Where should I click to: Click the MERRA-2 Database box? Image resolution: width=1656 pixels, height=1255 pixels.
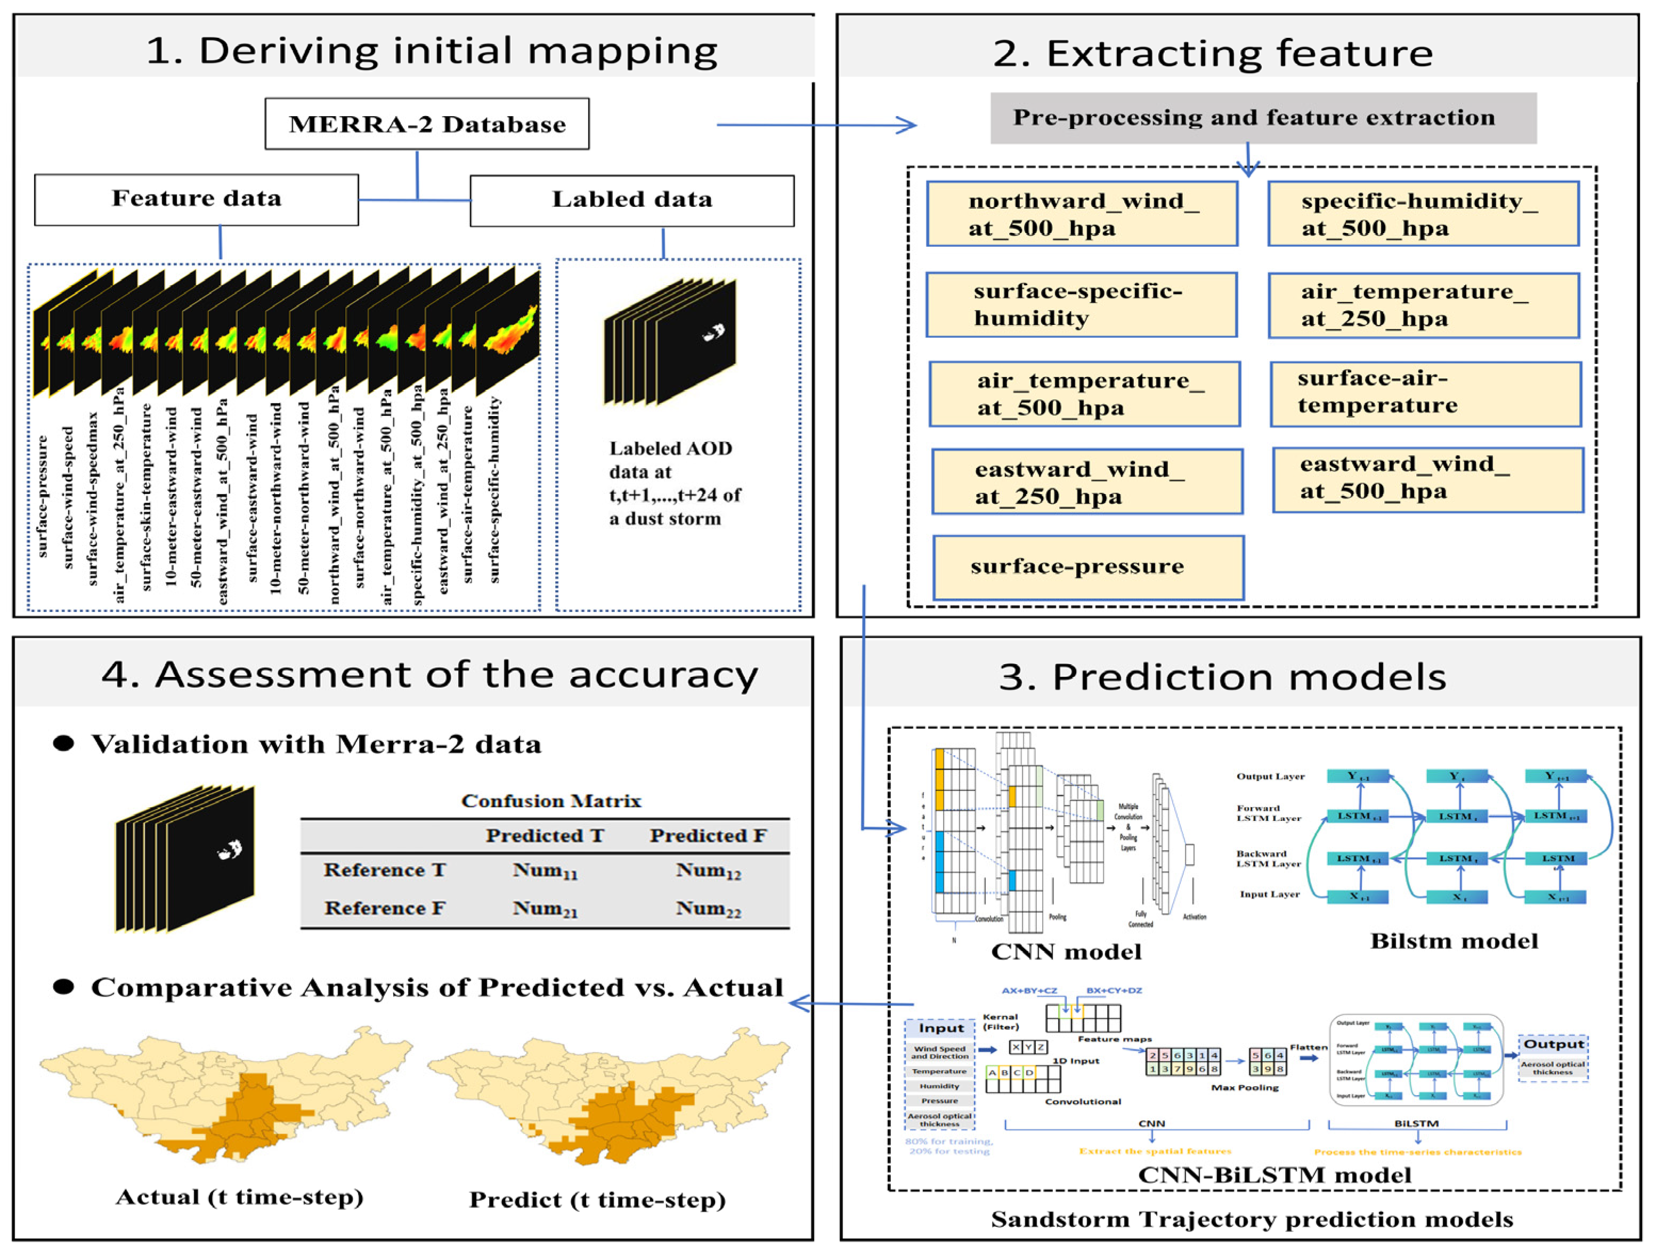[427, 124]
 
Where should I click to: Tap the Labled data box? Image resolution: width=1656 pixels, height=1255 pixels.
[632, 200]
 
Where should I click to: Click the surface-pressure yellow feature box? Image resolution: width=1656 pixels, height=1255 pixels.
[1088, 567]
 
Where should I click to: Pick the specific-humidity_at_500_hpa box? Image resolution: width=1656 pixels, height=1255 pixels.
[1423, 214]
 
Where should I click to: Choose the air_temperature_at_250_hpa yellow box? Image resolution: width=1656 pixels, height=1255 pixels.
[1423, 305]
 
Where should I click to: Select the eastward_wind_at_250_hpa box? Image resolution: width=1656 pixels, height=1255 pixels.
[1087, 482]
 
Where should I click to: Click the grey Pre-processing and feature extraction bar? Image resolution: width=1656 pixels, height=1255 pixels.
[1263, 118]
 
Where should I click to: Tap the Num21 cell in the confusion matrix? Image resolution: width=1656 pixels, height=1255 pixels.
[545, 909]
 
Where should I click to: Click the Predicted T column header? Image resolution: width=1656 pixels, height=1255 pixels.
[545, 835]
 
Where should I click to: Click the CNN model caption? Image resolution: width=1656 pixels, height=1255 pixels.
[1066, 951]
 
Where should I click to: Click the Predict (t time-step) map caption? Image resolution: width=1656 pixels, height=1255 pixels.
[597, 1200]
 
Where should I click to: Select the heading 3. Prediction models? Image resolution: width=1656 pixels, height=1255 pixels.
[1222, 677]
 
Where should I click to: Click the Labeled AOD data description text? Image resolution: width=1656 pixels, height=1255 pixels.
[674, 484]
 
